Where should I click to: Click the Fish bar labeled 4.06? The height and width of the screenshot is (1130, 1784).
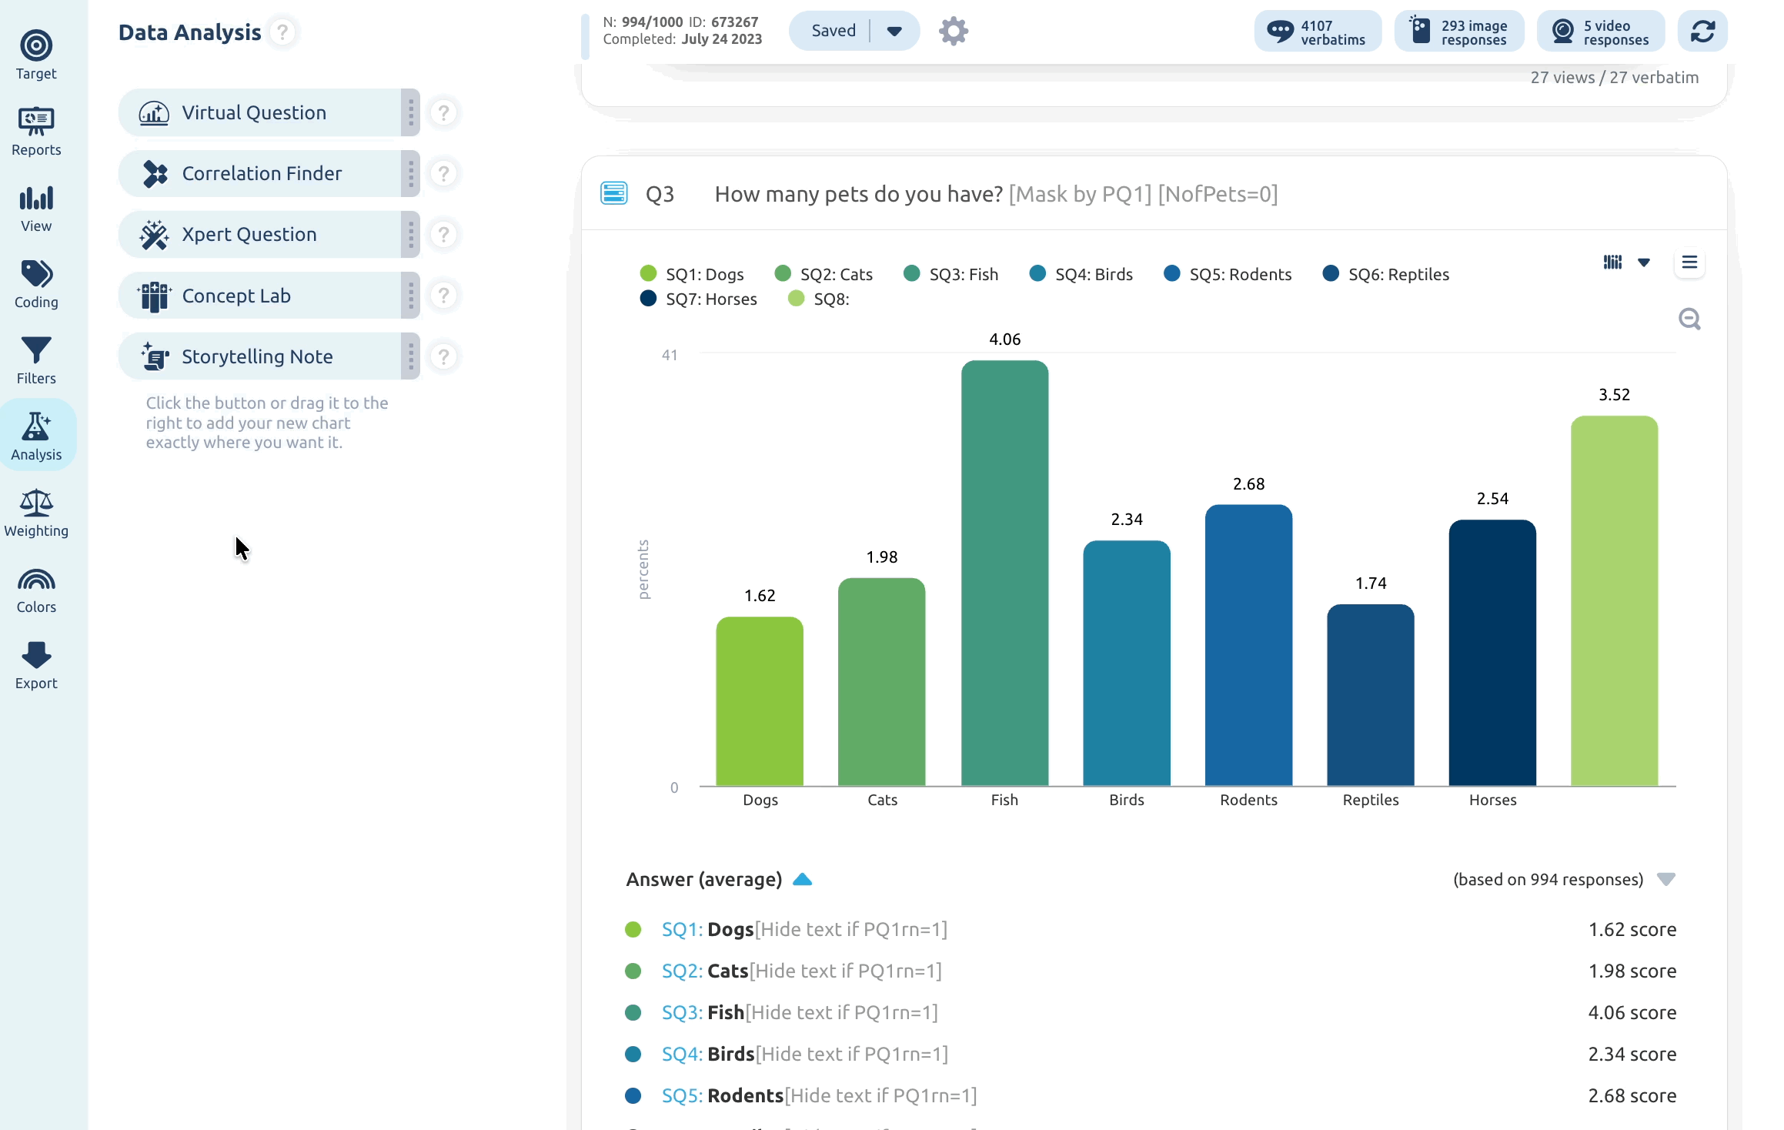click(x=1004, y=573)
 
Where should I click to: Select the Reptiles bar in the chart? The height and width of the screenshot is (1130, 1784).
click(x=1370, y=694)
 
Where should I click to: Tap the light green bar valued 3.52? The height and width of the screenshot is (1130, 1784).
click(x=1614, y=600)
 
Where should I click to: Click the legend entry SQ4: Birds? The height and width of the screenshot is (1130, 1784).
click(x=1081, y=274)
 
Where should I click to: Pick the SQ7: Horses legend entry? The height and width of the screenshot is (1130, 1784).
click(x=698, y=299)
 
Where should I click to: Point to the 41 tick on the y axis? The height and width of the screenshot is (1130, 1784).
click(x=670, y=355)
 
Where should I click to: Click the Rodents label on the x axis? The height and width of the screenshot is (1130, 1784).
click(x=1248, y=800)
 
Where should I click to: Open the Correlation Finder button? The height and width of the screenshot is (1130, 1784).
click(x=259, y=173)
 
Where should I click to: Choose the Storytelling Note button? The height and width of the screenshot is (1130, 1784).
click(x=259, y=356)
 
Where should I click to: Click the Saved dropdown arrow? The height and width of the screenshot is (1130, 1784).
click(x=894, y=31)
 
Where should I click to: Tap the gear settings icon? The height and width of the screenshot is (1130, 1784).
click(x=953, y=31)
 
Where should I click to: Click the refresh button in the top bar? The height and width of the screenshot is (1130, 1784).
click(x=1702, y=31)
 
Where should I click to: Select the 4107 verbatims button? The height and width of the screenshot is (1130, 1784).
click(x=1318, y=32)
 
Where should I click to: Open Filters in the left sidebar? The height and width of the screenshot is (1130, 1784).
click(x=36, y=360)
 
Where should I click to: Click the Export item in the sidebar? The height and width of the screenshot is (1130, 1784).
click(x=36, y=666)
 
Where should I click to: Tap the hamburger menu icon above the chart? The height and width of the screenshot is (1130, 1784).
click(x=1689, y=262)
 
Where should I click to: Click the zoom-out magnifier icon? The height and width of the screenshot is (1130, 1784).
click(x=1689, y=319)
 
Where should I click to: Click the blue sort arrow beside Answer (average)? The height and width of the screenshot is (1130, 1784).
click(x=802, y=879)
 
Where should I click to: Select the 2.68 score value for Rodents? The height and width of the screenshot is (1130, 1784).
click(x=1632, y=1095)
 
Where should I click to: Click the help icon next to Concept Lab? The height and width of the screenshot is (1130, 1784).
click(x=443, y=296)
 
